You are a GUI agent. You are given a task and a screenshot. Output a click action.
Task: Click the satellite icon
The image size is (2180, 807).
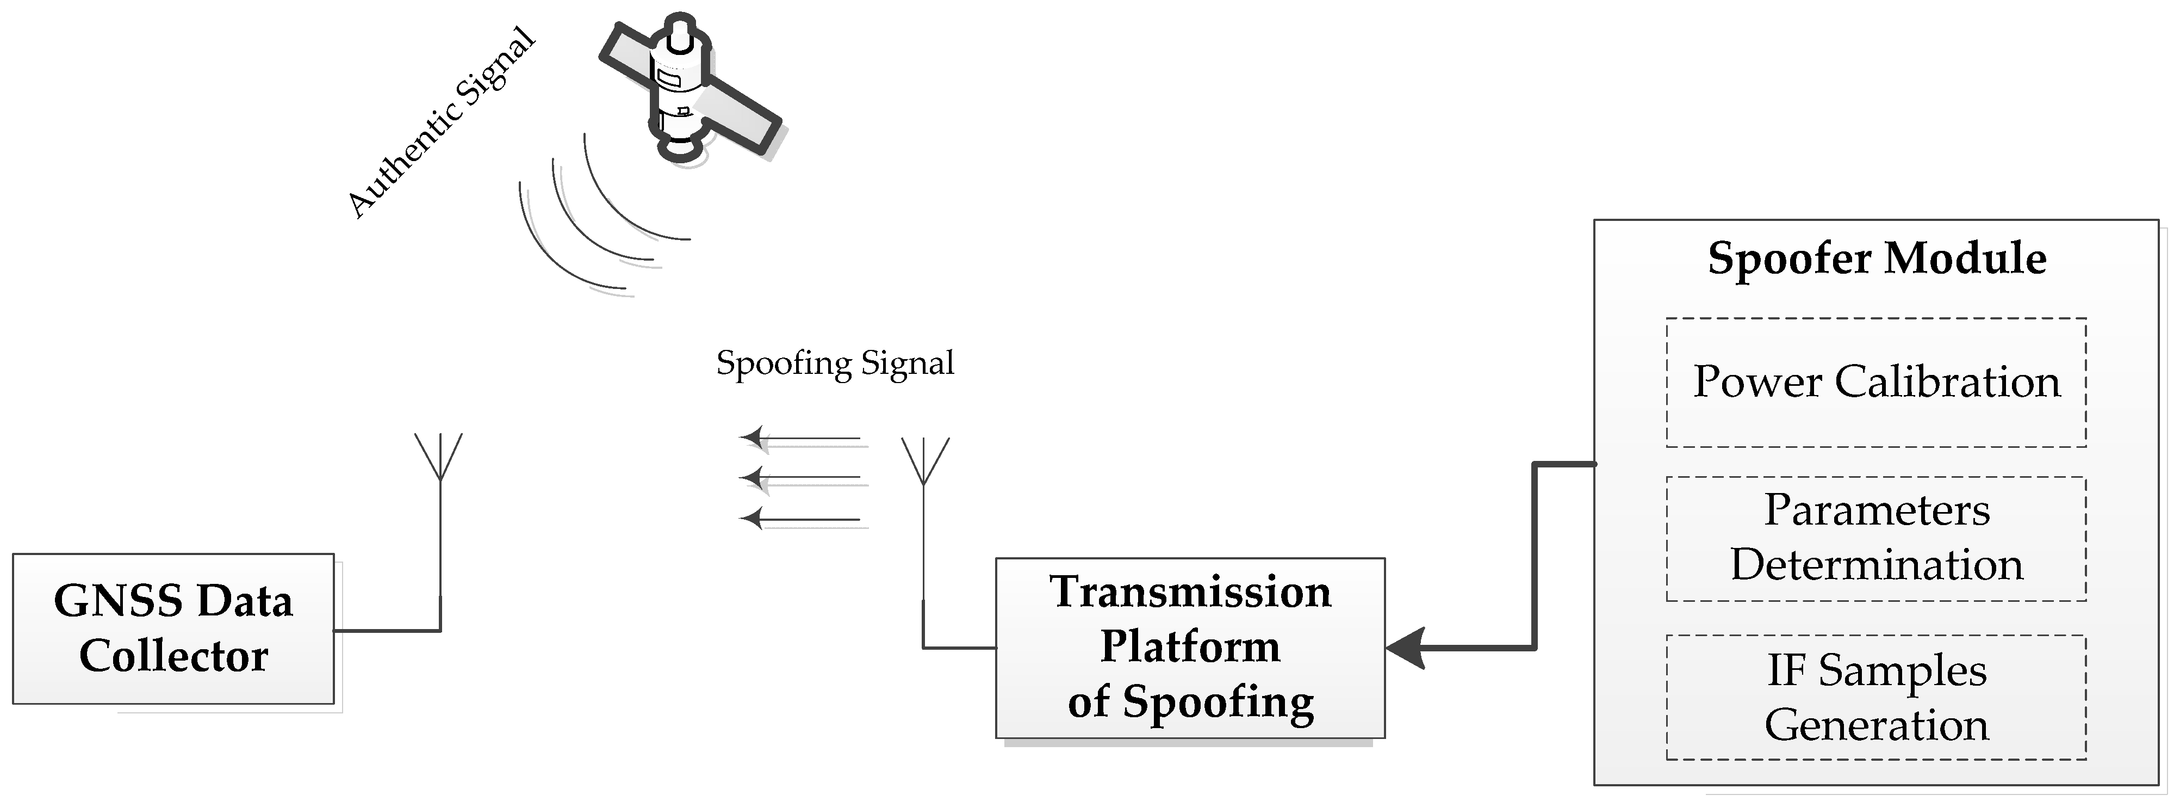point(681,89)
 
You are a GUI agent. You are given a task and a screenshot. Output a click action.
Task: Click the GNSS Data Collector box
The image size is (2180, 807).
point(173,629)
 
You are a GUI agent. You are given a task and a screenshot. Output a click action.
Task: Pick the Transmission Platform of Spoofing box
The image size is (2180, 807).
point(1190,648)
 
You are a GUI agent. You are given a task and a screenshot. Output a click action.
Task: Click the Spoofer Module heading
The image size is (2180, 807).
point(1876,258)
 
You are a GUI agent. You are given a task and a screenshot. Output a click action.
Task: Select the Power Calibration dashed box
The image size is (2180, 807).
point(1876,383)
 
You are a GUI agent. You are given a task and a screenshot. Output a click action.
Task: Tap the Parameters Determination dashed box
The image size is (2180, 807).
point(1876,539)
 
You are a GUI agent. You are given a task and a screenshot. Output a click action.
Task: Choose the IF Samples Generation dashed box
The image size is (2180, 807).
point(1876,697)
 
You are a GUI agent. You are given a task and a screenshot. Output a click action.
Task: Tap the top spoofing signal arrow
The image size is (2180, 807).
point(800,438)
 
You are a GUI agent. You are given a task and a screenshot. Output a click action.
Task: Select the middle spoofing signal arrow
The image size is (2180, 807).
point(800,478)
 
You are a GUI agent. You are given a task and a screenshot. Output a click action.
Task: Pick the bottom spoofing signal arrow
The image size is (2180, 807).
point(800,518)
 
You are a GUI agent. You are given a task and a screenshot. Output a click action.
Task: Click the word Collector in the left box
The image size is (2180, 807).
point(173,656)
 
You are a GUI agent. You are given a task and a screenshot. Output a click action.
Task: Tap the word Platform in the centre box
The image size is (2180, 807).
point(1190,647)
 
